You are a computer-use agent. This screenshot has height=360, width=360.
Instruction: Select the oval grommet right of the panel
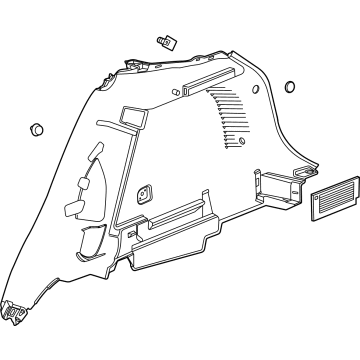pyautogui.click(x=291, y=86)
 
